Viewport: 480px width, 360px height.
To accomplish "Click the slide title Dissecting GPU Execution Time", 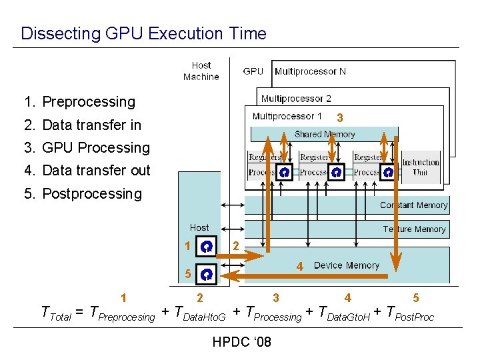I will (143, 33).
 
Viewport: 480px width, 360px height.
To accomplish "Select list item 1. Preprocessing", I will (79, 102).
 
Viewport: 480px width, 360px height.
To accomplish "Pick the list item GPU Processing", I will (87, 147).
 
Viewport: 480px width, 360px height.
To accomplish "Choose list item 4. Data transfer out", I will (87, 170).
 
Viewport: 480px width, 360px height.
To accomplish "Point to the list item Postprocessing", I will (83, 194).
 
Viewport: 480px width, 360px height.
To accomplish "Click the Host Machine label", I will (201, 71).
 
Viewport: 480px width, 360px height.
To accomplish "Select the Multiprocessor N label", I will (310, 71).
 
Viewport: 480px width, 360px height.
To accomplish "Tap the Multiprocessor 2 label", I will (296, 99).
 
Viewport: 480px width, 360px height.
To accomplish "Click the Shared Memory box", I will (325, 134).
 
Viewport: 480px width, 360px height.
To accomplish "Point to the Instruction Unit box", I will (420, 167).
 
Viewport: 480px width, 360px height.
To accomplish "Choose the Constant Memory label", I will (413, 205).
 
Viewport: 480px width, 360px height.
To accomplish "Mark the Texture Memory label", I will (414, 229).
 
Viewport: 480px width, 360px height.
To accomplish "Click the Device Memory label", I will (346, 265).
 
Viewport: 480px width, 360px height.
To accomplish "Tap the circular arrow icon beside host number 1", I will (207, 247).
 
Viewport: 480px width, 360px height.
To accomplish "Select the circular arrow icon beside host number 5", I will (207, 273).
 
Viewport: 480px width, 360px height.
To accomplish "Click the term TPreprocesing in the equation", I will (122, 313).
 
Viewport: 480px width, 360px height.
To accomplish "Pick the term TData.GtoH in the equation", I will (344, 313).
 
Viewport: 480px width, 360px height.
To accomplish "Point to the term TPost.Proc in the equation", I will (410, 313).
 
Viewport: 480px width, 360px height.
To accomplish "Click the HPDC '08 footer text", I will (241, 343).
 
